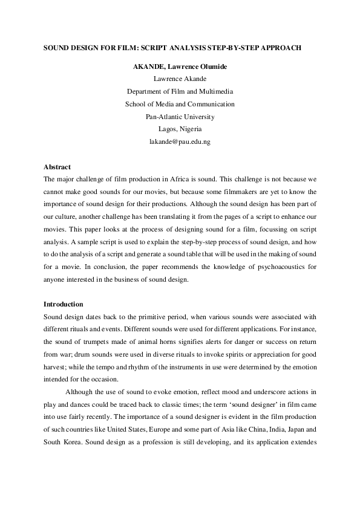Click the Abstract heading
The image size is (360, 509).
(57, 167)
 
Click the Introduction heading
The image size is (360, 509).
(64, 303)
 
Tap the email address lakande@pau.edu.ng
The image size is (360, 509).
(180, 141)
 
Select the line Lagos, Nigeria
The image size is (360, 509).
(180, 129)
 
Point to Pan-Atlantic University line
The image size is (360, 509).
(180, 117)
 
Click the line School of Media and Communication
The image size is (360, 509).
(180, 104)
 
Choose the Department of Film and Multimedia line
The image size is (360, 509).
(180, 91)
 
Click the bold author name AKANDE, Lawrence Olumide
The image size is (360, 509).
(180, 66)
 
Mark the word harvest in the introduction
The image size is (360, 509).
(56, 367)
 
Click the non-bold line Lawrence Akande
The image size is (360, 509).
(180, 79)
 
